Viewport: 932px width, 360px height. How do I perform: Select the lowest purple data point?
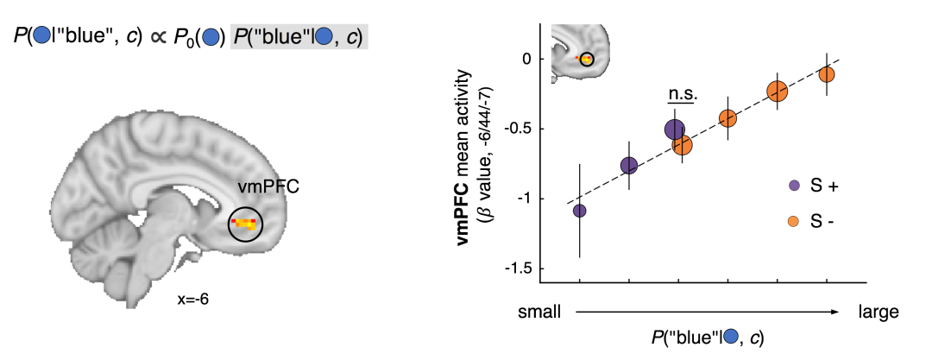(x=580, y=211)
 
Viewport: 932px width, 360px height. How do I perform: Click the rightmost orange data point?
(x=827, y=74)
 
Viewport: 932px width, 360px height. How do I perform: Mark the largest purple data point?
(x=675, y=129)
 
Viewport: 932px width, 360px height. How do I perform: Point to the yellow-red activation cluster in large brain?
(x=244, y=224)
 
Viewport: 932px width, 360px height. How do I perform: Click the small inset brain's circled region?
(x=586, y=60)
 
